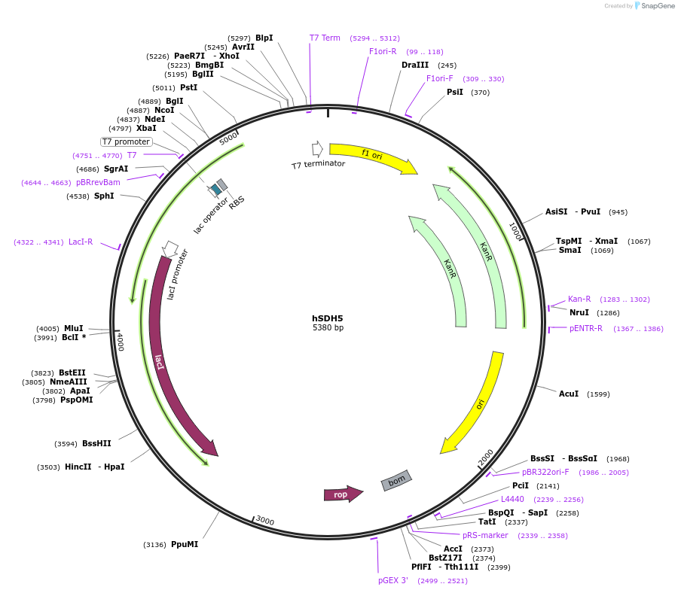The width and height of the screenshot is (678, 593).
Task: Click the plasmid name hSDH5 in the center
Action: [328, 318]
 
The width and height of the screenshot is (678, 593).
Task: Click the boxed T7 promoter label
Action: [127, 141]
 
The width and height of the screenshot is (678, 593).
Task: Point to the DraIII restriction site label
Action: [415, 65]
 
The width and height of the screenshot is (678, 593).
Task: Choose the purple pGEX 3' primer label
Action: [393, 580]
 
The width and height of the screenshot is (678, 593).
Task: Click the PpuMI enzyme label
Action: [185, 544]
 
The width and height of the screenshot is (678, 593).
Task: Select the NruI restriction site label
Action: [579, 312]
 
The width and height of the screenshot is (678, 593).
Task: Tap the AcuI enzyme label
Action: [569, 394]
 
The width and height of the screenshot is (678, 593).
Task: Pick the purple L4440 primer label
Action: [512, 499]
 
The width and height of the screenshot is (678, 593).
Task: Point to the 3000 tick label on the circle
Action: [264, 521]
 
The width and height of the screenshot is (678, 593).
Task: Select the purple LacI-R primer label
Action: [81, 242]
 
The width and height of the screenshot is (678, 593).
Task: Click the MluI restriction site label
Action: [74, 328]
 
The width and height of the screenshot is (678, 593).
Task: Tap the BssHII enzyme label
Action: [96, 443]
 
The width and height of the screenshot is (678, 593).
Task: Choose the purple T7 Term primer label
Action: [325, 38]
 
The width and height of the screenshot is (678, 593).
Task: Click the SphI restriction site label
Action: [104, 196]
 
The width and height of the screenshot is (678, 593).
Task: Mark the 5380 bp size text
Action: [328, 328]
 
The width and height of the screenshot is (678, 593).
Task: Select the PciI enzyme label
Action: [521, 485]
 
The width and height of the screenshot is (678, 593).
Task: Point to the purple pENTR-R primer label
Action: [586, 328]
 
